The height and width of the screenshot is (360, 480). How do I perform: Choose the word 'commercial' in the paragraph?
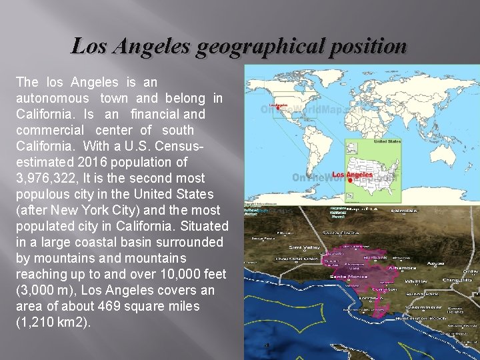(50, 130)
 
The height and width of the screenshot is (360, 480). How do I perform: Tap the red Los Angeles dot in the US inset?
(352, 180)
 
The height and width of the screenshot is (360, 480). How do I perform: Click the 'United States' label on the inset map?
(387, 142)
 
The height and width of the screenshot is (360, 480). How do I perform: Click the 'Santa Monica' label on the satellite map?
(347, 275)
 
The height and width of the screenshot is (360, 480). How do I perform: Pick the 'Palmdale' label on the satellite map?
(403, 211)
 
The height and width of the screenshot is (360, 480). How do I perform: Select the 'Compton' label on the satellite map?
(383, 289)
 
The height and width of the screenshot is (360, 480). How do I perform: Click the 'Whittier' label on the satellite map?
(416, 281)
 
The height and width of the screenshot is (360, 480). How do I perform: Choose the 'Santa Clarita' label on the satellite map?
(341, 232)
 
